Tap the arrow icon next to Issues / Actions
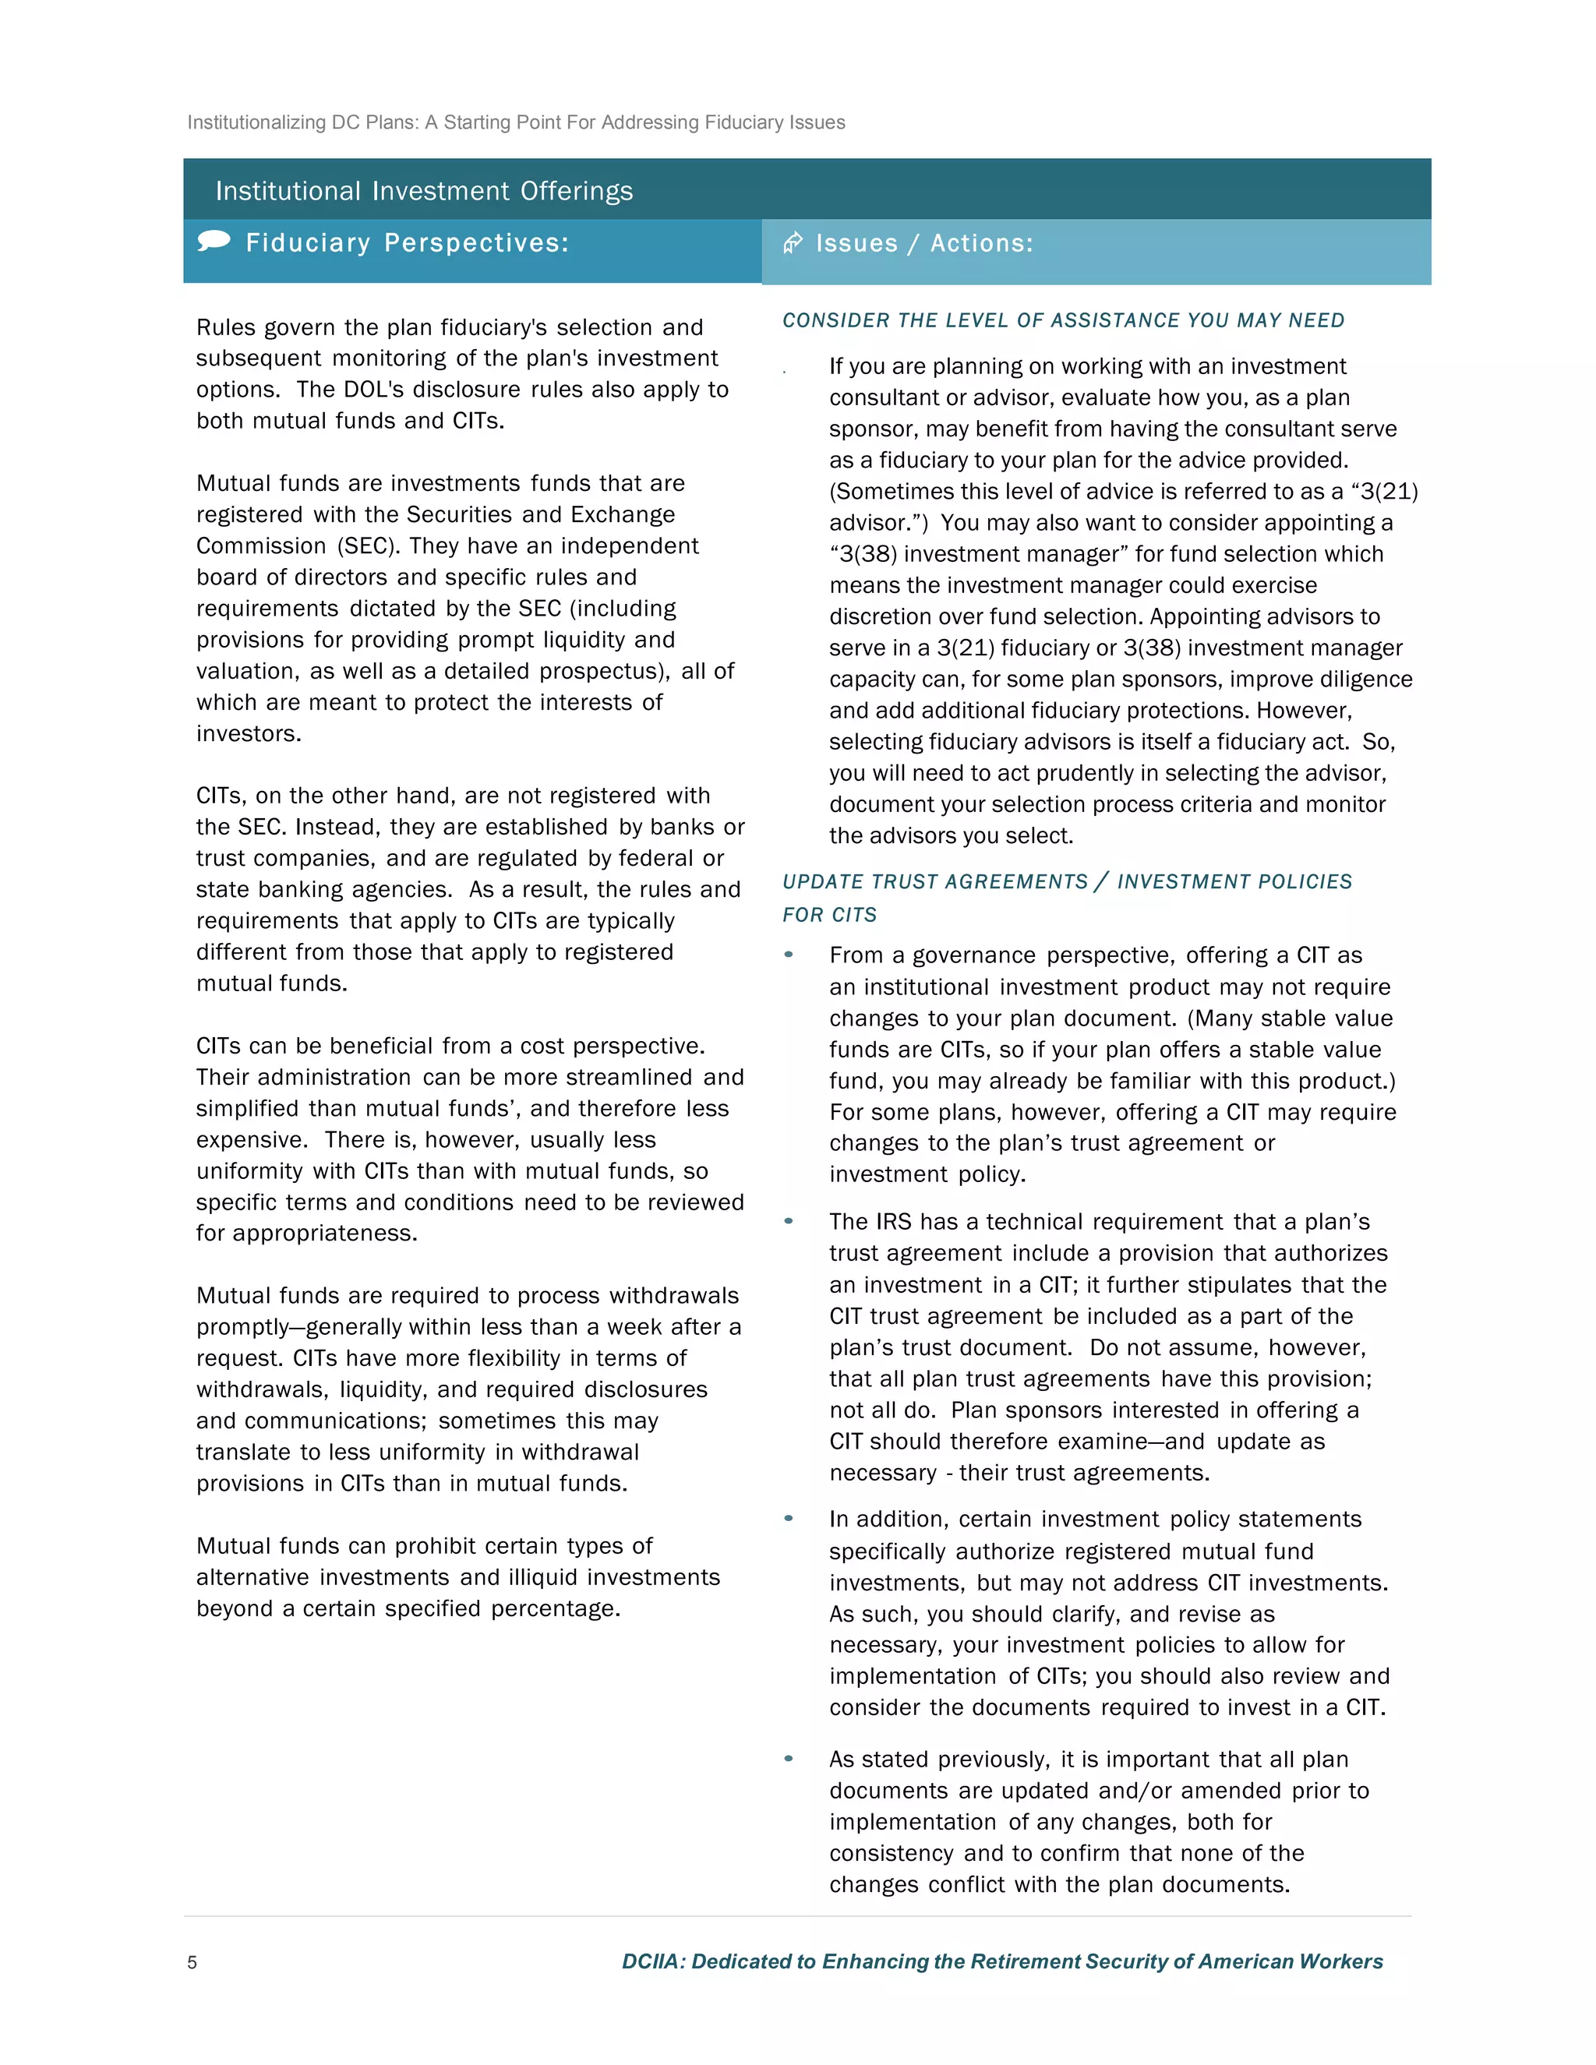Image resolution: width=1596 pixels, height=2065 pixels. point(793,243)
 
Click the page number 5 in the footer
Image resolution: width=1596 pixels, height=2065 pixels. point(192,1962)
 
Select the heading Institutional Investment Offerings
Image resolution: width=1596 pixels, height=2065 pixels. point(424,191)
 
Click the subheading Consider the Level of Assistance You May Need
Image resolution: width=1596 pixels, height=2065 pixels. point(1063,320)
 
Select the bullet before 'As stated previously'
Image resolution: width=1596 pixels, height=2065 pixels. point(789,1759)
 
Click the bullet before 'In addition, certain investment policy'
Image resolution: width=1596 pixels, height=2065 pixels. point(789,1519)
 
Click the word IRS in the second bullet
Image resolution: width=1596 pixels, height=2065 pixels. point(894,1222)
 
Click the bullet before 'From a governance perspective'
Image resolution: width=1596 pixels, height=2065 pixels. point(789,954)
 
